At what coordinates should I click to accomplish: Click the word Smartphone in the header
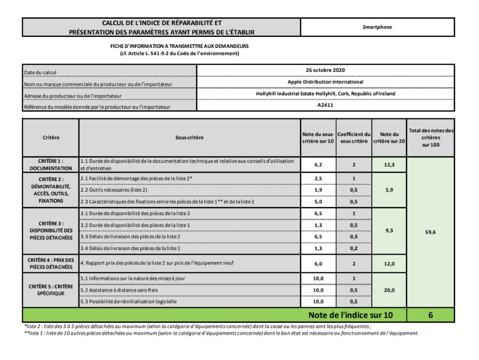[x=377, y=27]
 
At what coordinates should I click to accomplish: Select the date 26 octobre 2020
[x=325, y=70]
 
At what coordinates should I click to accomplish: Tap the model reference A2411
[x=325, y=105]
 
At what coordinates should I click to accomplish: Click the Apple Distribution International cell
[x=325, y=82]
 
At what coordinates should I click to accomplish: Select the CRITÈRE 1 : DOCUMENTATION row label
[x=51, y=165]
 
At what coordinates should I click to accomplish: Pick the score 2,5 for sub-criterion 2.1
[x=318, y=179]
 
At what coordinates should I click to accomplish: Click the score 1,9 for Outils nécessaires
[x=318, y=190]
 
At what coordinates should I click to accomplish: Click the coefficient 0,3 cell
[x=354, y=237]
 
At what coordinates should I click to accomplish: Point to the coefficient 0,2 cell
[x=354, y=249]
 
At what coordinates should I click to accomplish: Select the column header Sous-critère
[x=189, y=138]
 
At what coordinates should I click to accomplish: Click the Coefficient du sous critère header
[x=354, y=138]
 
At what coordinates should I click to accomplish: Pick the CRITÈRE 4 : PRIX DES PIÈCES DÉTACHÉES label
[x=51, y=263]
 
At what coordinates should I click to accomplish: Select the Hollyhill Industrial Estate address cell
[x=325, y=94]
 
